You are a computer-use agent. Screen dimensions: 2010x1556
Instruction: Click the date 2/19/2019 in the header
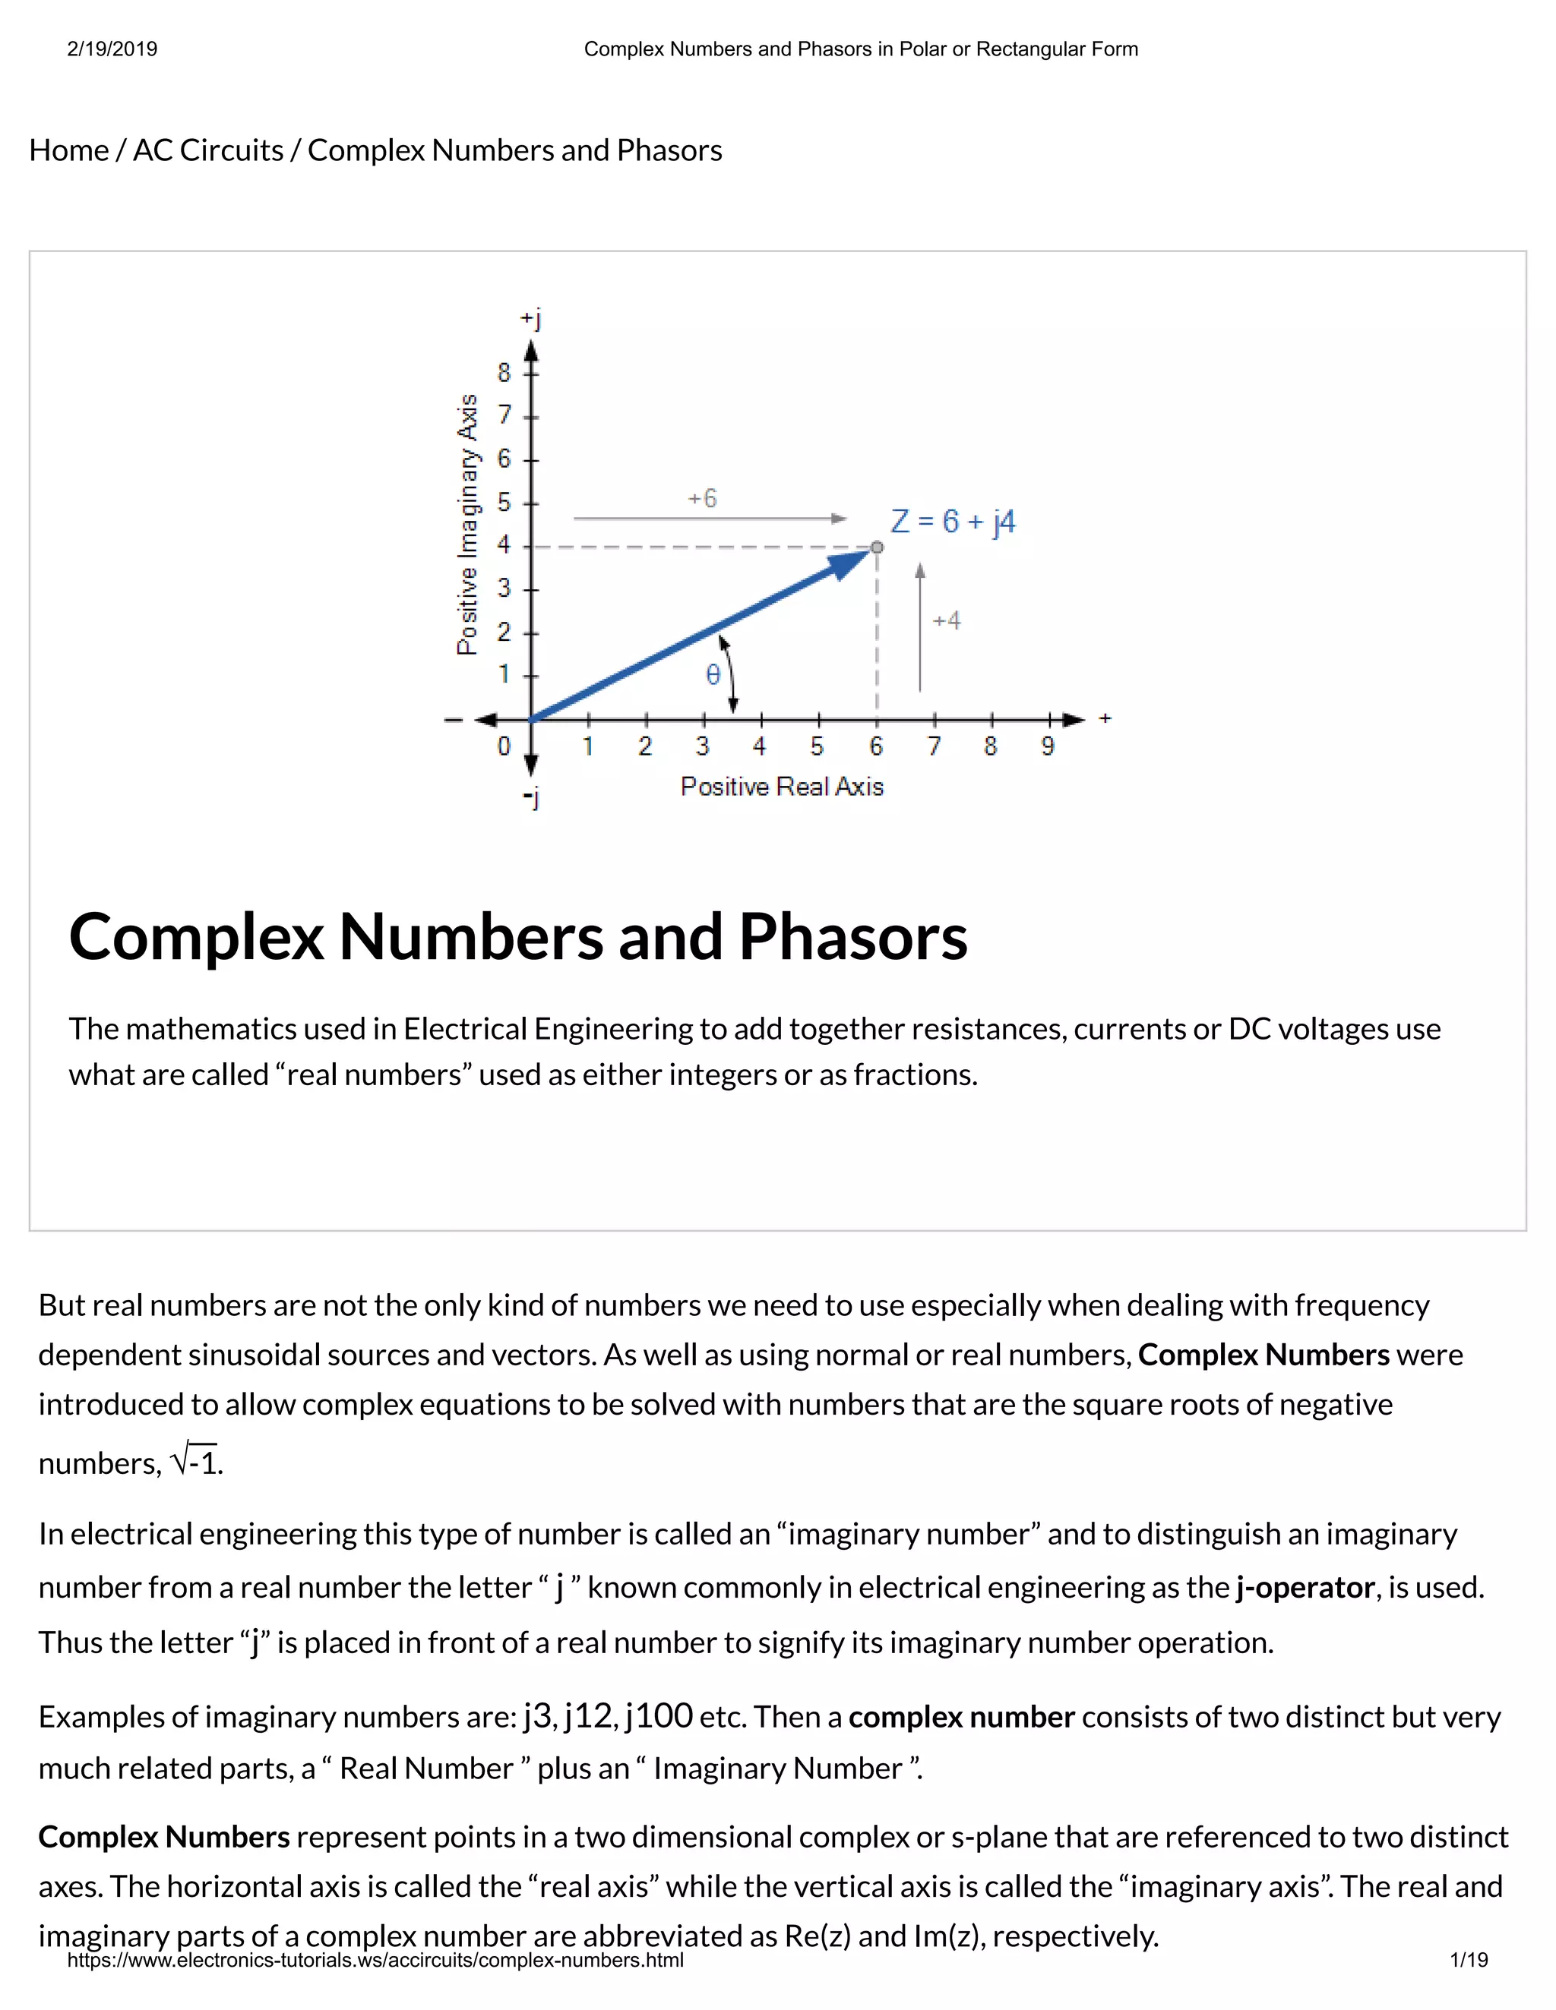112,49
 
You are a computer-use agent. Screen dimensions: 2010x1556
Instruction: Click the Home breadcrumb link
69,150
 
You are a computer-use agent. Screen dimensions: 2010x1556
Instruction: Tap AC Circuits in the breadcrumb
208,150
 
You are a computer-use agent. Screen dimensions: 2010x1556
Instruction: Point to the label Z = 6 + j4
953,522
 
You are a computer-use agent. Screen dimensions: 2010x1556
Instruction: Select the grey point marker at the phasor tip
877,547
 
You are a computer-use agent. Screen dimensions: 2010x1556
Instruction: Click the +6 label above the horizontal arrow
703,499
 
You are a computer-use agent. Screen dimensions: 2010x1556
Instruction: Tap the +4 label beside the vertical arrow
947,620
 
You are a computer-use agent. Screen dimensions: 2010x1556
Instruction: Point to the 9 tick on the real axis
1048,746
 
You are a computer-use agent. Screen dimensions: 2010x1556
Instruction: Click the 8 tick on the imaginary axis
504,373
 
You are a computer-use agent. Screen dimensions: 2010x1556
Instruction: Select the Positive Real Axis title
782,787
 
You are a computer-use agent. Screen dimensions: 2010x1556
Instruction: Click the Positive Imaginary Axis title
468,525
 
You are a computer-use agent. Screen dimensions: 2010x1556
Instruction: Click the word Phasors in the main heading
852,937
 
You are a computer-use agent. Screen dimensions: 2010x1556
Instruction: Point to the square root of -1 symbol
195,1460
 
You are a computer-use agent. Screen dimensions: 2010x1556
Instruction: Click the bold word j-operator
1305,1588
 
